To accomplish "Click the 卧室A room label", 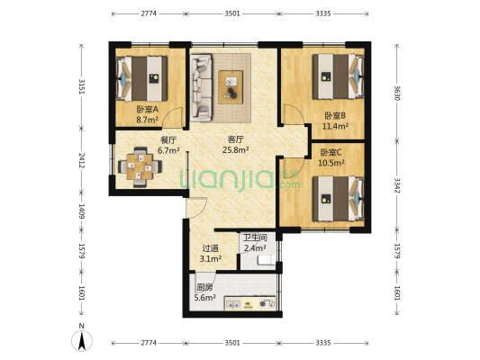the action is (148, 109).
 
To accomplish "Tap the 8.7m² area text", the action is (148, 120).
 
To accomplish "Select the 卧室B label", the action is (335, 115).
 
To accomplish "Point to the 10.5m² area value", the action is (331, 163).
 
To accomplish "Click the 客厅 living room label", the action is (235, 139).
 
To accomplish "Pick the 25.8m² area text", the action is (235, 150).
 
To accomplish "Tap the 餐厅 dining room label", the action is (168, 140).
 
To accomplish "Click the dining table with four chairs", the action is (140, 166).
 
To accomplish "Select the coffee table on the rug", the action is (231, 87).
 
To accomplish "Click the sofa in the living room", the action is (201, 88).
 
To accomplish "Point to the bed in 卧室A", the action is (142, 78).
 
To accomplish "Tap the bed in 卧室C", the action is (339, 199).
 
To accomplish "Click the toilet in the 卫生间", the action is (267, 260).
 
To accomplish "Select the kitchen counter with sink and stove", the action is (250, 303).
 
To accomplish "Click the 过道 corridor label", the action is (211, 248).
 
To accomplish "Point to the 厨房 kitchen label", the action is (204, 287).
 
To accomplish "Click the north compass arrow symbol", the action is (82, 340).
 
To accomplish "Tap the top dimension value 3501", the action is (232, 13).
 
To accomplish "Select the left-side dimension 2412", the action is (81, 161).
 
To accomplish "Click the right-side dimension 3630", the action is (397, 93).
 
